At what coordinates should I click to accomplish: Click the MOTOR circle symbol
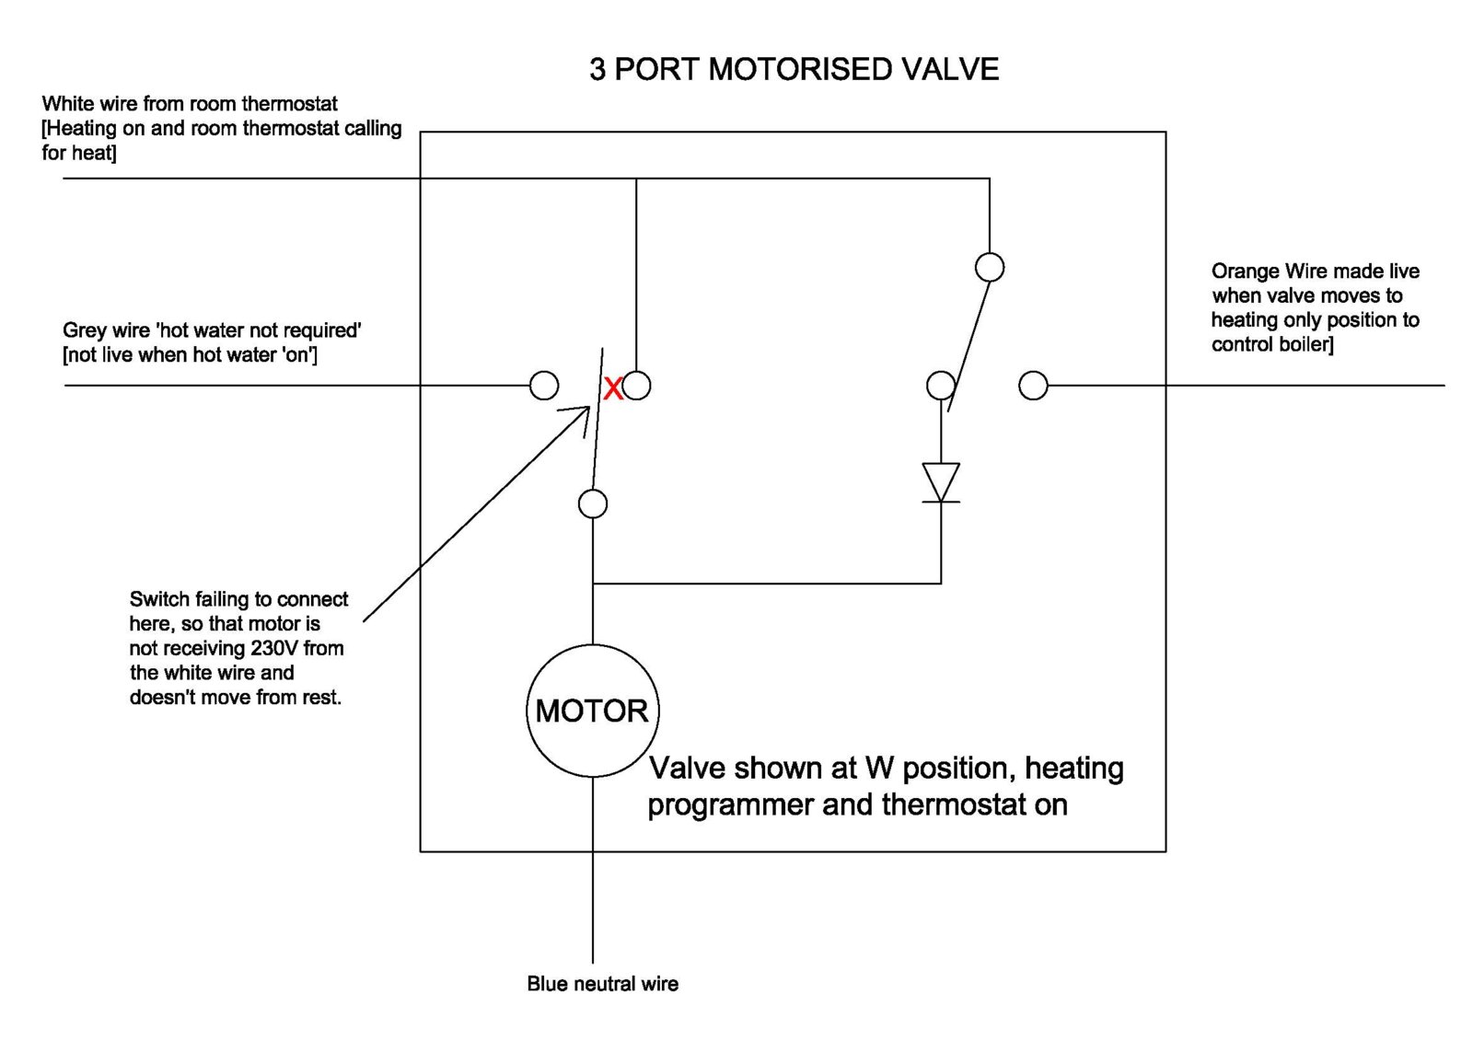coord(592,711)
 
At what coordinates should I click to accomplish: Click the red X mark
coord(612,388)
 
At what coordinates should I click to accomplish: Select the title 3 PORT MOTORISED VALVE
coord(794,70)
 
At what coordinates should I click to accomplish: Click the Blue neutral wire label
coord(602,984)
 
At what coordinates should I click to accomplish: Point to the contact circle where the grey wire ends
coord(544,386)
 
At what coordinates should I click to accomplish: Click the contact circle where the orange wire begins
coord(1033,386)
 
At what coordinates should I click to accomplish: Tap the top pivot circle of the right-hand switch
coord(989,268)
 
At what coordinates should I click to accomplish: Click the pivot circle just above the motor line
coord(592,503)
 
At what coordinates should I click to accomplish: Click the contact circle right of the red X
coord(636,386)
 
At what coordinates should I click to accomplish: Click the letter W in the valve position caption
coord(878,768)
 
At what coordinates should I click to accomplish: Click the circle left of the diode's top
coord(940,386)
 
